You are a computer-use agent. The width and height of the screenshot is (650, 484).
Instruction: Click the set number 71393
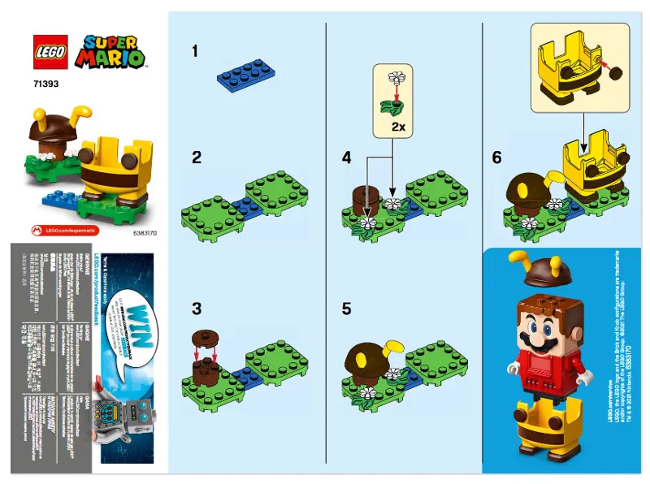pos(45,82)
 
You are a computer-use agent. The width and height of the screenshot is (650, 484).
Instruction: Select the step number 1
pos(195,51)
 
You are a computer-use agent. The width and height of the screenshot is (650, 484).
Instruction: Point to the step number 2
pos(196,158)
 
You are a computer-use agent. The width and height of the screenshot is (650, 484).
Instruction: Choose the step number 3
pos(196,309)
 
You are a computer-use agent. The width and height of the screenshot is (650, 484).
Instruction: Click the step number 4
pos(347,158)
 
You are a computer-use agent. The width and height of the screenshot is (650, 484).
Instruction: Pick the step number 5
pos(347,309)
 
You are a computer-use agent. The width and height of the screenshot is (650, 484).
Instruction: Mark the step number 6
pos(497,158)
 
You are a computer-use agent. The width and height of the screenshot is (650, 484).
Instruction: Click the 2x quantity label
pos(399,128)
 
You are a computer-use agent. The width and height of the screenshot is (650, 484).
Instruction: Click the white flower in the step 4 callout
pos(397,79)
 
